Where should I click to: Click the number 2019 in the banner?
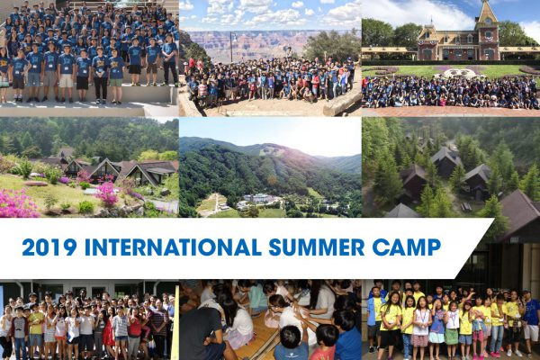point(49,247)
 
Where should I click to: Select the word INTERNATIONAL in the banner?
point(173,247)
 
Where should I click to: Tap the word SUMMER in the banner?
point(317,247)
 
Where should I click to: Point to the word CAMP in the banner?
point(407,247)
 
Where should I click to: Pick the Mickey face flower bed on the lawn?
point(458,73)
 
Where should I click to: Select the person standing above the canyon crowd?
point(290,52)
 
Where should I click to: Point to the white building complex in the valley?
point(259,200)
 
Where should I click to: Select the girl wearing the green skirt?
point(452,329)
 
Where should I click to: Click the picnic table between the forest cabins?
point(466,207)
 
